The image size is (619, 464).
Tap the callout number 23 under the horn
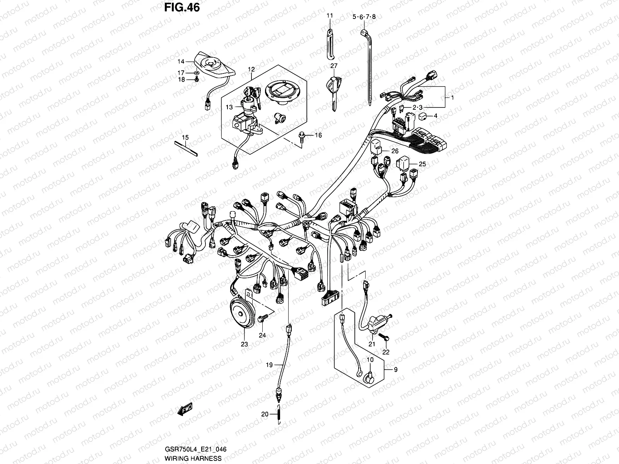pyautogui.click(x=244, y=344)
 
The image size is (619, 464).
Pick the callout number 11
pyautogui.click(x=329, y=16)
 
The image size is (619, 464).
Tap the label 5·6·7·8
pyautogui.click(x=364, y=17)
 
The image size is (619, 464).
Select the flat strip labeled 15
pyautogui.click(x=186, y=148)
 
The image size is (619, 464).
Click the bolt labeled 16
pyautogui.click(x=301, y=135)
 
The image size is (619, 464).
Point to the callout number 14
pyautogui.click(x=181, y=61)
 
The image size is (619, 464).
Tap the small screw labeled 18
pyautogui.click(x=197, y=79)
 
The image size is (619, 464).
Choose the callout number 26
pyautogui.click(x=395, y=151)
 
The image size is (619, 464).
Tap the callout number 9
pyautogui.click(x=395, y=370)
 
